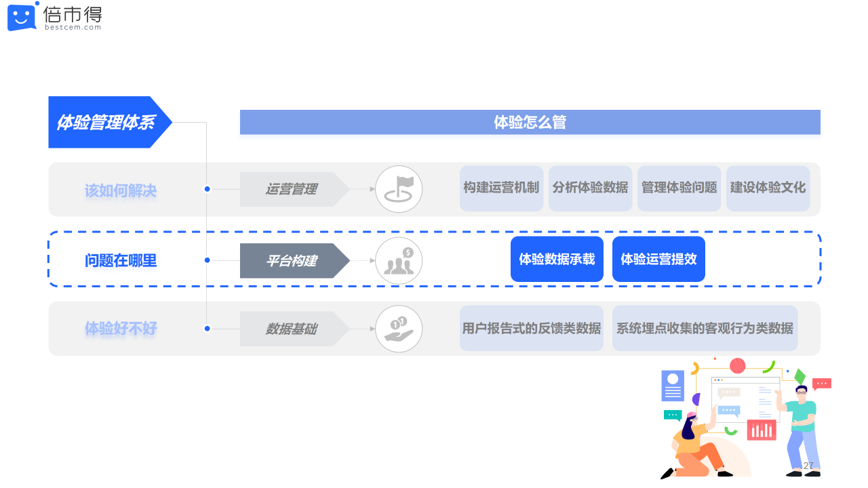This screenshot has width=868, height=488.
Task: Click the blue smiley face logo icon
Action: (22, 17)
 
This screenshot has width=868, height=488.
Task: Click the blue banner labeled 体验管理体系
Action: (106, 122)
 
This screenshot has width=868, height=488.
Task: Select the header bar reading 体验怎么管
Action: (530, 122)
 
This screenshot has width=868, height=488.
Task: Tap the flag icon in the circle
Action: (399, 189)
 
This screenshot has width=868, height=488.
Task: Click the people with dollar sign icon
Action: (399, 260)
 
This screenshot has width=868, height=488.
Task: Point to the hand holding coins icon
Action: (399, 329)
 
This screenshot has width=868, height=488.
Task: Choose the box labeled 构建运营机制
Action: (501, 188)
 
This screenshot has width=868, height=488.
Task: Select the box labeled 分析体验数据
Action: (590, 188)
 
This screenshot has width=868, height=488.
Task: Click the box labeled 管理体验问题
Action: (679, 188)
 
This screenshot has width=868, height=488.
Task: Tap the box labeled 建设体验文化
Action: (768, 188)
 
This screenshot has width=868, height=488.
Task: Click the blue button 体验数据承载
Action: (557, 259)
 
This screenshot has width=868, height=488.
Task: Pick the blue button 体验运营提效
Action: (658, 259)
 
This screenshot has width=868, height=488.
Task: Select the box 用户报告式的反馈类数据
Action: (532, 329)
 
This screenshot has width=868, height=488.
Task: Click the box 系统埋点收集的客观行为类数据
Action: (705, 329)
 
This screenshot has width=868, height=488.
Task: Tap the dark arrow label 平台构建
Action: (292, 260)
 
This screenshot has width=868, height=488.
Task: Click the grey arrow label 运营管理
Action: (292, 189)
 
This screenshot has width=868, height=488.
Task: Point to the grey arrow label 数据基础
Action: (292, 329)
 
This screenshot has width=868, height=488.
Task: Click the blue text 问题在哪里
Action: (121, 260)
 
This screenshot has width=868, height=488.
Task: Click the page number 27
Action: (808, 466)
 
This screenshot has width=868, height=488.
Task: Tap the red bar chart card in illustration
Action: (762, 430)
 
